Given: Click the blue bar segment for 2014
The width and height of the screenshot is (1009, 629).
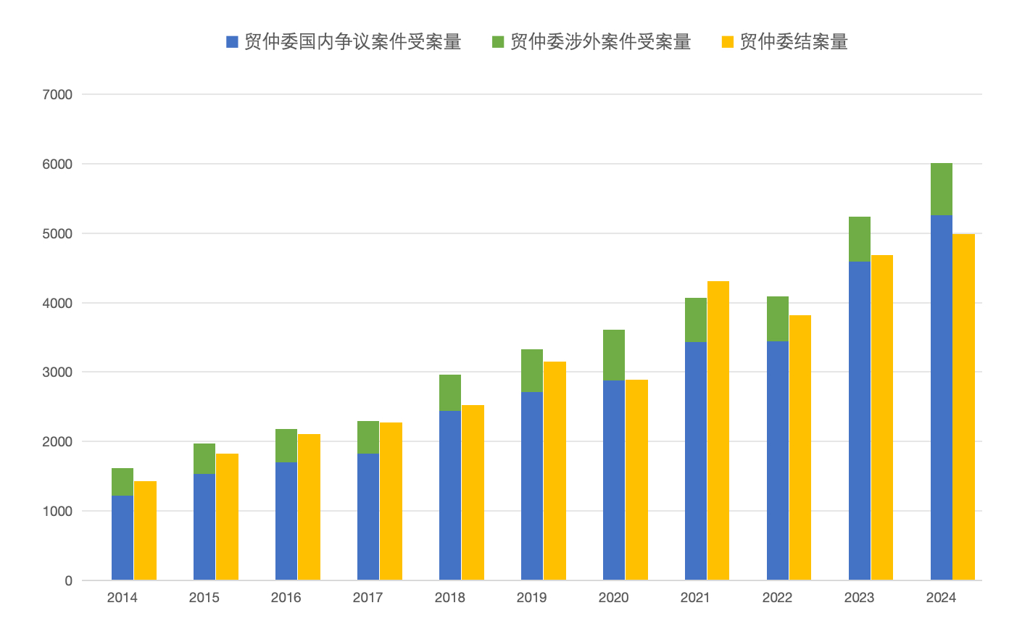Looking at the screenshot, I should coord(123,538).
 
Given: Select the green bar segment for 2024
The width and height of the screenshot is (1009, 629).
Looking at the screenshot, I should coord(941,189).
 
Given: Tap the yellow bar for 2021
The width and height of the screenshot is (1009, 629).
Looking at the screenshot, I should coord(718,430).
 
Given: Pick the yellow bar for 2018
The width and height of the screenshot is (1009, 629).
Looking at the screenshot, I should coord(473,493).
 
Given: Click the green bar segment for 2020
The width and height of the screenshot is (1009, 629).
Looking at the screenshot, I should coord(614,355).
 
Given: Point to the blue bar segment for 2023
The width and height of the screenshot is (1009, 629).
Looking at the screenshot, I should coord(859,420).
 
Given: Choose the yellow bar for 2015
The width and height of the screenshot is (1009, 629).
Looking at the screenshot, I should coord(227,517).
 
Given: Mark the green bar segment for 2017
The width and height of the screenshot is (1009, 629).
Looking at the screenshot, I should coord(368,437).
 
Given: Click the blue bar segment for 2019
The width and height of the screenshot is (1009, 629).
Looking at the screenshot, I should coord(532,486).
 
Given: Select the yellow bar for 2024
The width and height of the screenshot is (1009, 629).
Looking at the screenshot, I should coord(963,407).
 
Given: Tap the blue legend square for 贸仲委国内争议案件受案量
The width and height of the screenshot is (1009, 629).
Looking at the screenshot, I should coord(232,42).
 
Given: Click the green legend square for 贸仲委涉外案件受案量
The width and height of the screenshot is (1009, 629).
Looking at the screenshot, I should coord(498,42).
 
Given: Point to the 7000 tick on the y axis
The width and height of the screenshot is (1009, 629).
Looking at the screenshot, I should coord(57,94).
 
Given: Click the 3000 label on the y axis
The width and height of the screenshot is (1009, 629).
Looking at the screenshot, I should coord(57,372).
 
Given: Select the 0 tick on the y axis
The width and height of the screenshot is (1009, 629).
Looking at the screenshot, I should coord(68,580).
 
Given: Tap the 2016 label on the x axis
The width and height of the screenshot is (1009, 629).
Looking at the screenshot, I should coord(286,599).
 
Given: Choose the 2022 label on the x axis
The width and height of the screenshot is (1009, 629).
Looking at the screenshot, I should coord(778,599).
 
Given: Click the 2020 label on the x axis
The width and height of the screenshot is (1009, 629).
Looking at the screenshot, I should coord(614,599).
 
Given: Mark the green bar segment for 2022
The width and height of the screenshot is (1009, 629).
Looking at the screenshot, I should coord(778,319).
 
